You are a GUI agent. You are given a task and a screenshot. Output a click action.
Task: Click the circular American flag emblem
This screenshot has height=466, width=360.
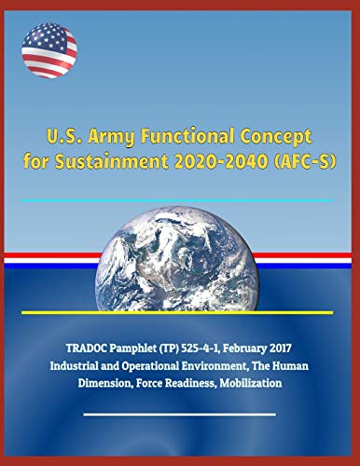48,50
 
